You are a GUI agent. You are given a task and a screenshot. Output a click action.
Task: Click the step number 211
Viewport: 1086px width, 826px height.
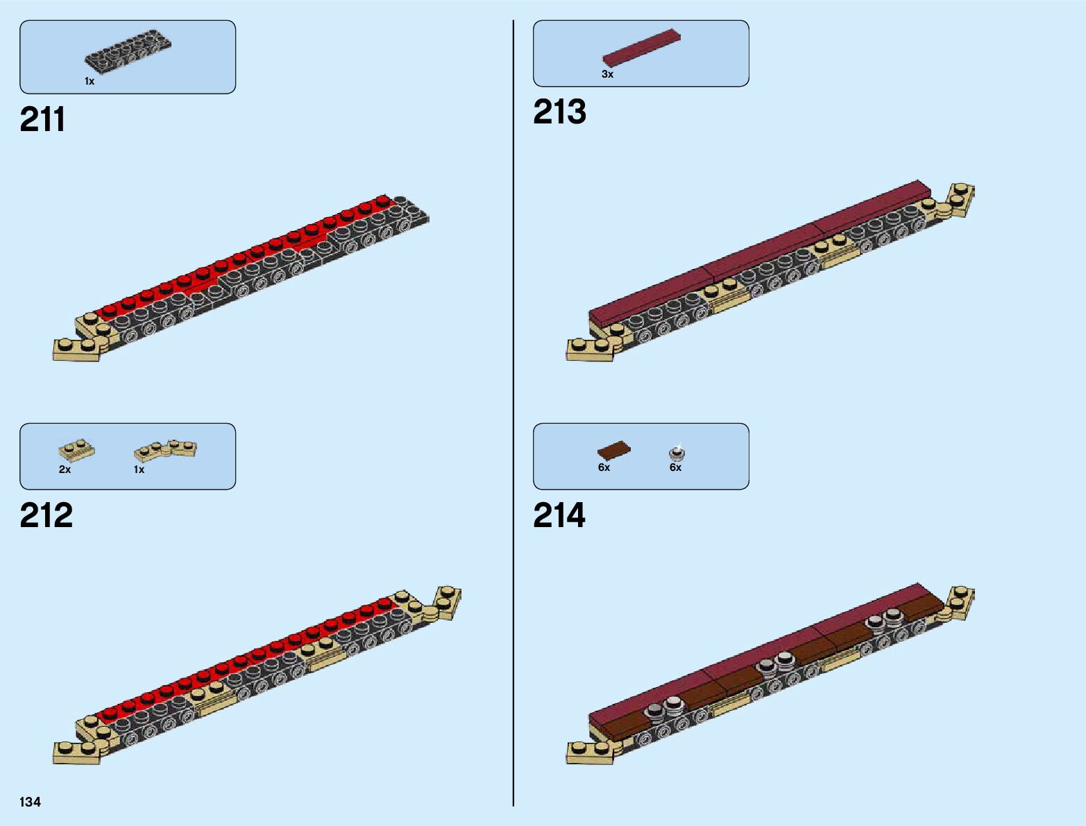pos(42,119)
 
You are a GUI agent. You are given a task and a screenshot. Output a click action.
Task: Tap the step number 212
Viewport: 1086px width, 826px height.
pos(46,515)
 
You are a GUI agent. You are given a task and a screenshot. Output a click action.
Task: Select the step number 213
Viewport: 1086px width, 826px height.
pos(559,112)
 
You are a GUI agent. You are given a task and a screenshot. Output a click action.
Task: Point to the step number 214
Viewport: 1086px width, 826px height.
pos(559,515)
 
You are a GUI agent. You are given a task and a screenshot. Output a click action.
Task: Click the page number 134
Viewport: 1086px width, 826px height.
pos(31,802)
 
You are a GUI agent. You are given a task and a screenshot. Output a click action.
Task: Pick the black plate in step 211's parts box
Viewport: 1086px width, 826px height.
pos(128,53)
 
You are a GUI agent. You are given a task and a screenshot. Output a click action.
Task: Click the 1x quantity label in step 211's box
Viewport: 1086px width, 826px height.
pos(90,81)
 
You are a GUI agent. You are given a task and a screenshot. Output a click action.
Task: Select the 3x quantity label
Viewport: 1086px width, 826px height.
pos(607,74)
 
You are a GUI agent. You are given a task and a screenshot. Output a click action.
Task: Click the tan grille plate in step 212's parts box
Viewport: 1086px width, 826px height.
pos(76,451)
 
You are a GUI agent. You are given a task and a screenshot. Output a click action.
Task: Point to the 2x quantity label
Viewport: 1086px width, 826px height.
pos(65,470)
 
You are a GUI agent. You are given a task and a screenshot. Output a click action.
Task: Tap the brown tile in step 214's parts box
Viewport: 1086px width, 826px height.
pos(614,451)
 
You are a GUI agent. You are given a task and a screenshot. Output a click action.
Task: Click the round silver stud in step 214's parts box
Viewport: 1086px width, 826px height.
pos(677,453)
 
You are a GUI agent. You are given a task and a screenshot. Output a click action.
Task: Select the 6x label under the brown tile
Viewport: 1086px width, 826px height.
pos(604,467)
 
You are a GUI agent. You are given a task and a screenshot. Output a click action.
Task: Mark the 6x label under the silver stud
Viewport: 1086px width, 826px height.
pos(675,467)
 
